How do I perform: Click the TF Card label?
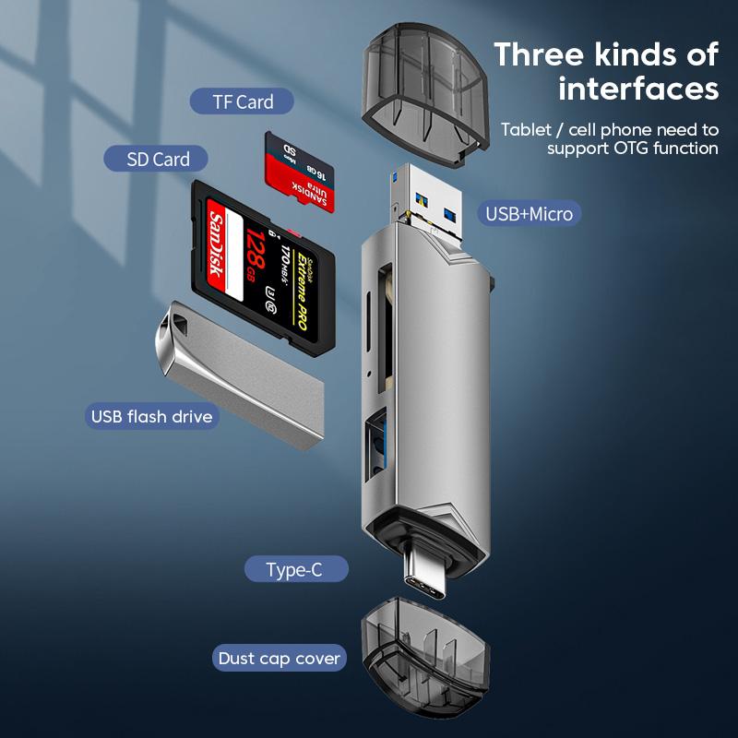(242, 101)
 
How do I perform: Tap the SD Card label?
(159, 159)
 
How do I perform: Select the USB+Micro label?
(530, 214)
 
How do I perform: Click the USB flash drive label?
(152, 416)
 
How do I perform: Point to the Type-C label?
(295, 569)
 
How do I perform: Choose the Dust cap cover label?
(280, 659)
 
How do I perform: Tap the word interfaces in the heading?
(638, 89)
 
